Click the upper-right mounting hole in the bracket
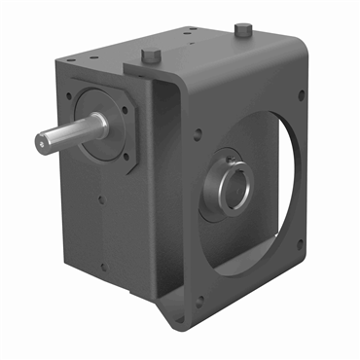(301, 94)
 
